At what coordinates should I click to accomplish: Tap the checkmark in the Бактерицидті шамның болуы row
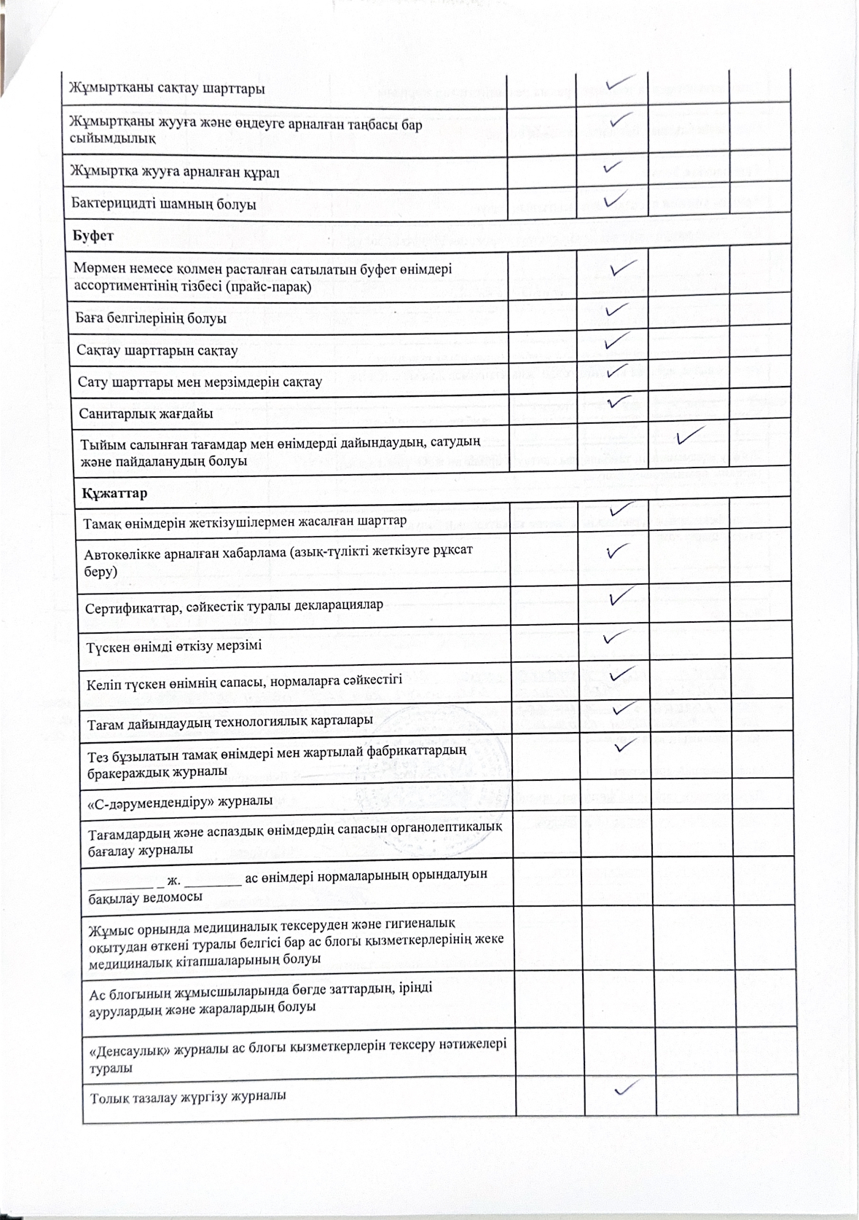pyautogui.click(x=615, y=197)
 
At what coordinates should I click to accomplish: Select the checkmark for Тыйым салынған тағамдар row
pyautogui.click(x=689, y=438)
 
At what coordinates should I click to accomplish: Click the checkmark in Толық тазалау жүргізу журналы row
pyautogui.click(x=627, y=1088)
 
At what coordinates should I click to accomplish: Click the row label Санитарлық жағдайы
pyautogui.click(x=146, y=414)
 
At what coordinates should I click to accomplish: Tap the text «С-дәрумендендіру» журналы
pyautogui.click(x=180, y=800)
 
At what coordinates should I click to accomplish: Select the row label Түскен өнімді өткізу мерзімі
pyautogui.click(x=174, y=646)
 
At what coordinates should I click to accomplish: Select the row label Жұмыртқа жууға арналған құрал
pyautogui.click(x=175, y=173)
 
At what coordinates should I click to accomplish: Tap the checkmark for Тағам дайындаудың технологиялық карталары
pyautogui.click(x=624, y=707)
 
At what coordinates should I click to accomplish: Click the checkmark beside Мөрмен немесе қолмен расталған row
pyautogui.click(x=624, y=269)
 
